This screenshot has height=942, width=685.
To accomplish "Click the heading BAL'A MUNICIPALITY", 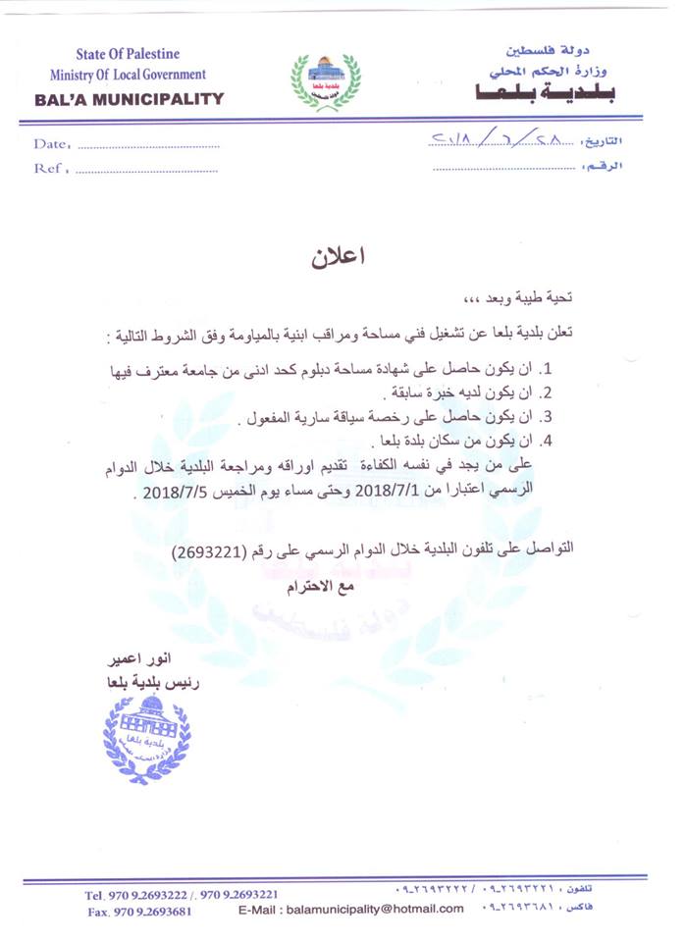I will pyautogui.click(x=129, y=98).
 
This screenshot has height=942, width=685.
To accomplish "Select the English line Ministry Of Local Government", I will pyautogui.click(x=129, y=75).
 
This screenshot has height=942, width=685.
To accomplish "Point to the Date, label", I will pyautogui.click(x=52, y=143).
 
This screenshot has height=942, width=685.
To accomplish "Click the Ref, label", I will pyautogui.click(x=50, y=168).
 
